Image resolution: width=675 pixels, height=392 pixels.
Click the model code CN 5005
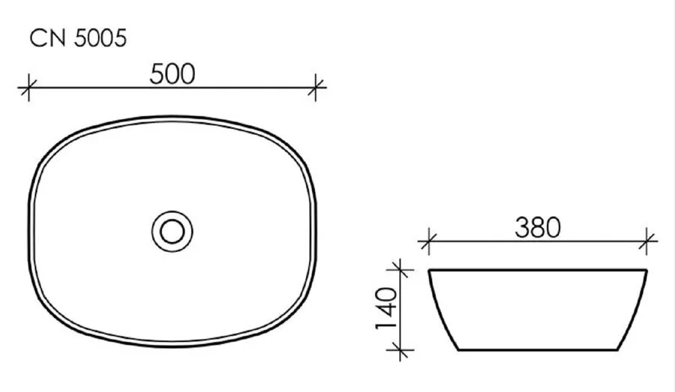[77, 39]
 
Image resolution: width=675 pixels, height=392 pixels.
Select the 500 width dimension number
[172, 73]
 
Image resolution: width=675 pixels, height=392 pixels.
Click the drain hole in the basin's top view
[172, 232]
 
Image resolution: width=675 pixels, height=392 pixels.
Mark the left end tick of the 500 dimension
[28, 88]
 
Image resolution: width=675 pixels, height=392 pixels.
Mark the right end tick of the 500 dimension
[317, 88]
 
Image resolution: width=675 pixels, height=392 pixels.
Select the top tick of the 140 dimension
[402, 268]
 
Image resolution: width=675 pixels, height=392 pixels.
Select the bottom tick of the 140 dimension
[402, 349]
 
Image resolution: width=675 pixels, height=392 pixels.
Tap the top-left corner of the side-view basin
[429, 270]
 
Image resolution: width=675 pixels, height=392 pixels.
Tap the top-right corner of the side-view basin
[647, 270]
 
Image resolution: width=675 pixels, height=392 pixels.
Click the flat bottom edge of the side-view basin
[538, 349]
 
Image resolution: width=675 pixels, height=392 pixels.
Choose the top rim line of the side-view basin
[538, 269]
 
